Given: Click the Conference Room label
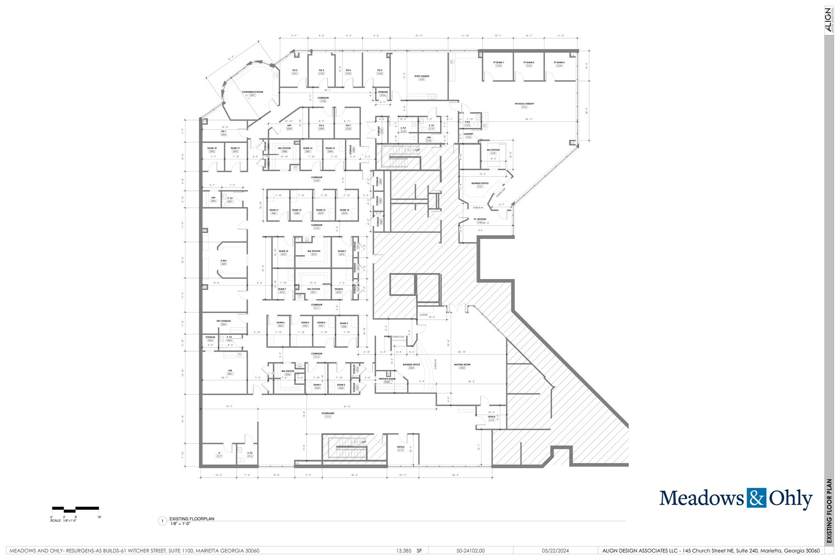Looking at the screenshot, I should point(252,92).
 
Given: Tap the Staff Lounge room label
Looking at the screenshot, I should point(422,76).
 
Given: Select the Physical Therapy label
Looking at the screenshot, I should point(525,104).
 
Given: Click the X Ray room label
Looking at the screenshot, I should point(224,261).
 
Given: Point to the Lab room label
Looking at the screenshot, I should point(230,371).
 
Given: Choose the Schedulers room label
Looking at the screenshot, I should point(328,414).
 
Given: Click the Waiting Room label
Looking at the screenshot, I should point(462,365).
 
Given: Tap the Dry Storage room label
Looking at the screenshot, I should point(224,321).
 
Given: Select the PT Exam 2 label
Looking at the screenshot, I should point(529,63).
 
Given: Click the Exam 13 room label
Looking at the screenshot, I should point(321,210).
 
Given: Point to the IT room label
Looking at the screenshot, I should point(219,453).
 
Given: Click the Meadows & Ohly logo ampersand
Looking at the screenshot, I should point(756,498).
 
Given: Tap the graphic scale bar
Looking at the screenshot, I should point(75,509).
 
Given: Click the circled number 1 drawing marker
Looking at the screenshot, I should point(163,521).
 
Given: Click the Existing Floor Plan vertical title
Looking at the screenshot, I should point(829,511).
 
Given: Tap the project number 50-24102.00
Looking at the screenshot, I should point(470,551).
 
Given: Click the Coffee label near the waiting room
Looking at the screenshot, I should point(423,315).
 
